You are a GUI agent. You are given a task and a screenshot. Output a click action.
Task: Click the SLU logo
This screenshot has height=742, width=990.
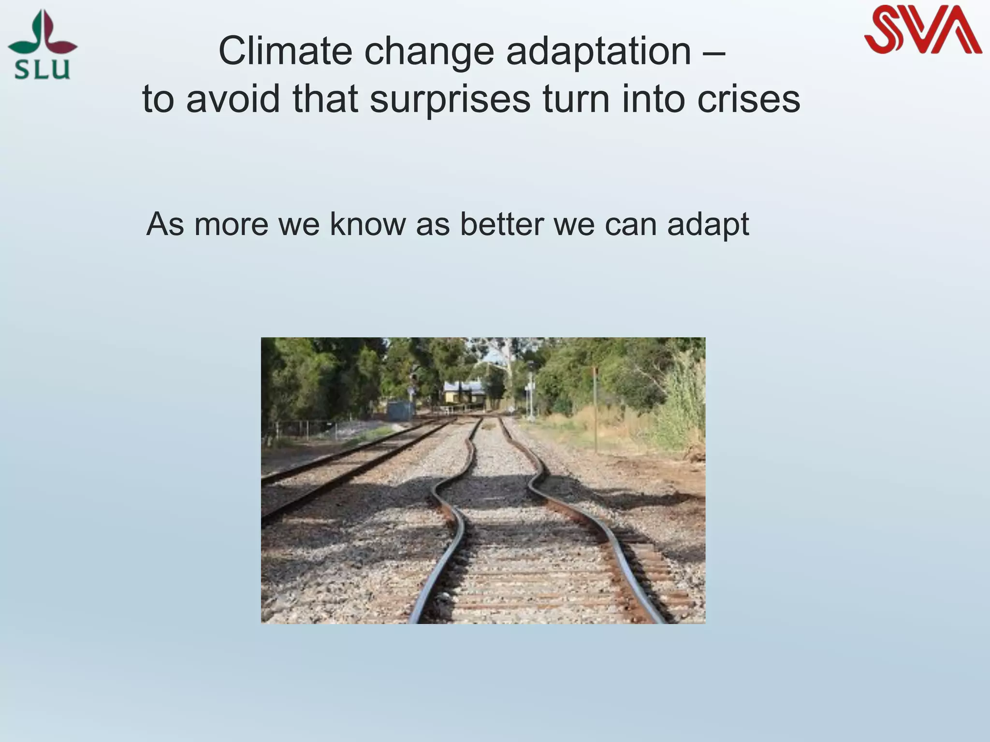click(43, 46)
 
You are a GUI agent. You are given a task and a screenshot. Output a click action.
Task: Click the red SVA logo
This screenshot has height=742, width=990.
click(922, 30)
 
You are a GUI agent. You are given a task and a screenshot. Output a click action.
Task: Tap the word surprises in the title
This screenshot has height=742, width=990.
click(450, 100)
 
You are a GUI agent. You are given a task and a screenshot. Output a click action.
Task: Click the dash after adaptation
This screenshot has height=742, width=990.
click(714, 52)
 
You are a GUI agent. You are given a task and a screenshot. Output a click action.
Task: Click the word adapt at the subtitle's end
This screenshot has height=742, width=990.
click(708, 225)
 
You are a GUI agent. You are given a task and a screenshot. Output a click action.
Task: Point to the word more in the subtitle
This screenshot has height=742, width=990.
click(231, 225)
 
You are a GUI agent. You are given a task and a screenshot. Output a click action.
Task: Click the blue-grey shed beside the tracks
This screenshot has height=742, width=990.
click(400, 411)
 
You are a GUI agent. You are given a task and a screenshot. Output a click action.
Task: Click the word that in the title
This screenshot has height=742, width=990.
click(325, 99)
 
